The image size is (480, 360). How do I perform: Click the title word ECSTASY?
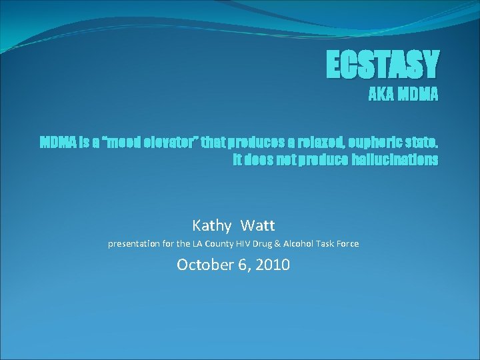pyautogui.click(x=383, y=65)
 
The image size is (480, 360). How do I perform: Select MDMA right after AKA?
pyautogui.click(x=418, y=95)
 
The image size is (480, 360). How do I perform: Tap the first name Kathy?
pyautogui.click(x=212, y=225)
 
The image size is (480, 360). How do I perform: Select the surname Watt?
pyautogui.click(x=258, y=225)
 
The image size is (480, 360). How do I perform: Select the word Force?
pyautogui.click(x=347, y=244)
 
